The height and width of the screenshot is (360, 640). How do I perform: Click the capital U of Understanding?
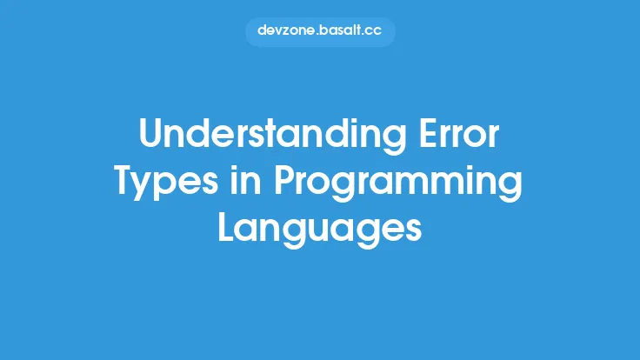(x=151, y=136)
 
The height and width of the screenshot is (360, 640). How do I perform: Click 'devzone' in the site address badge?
(x=287, y=31)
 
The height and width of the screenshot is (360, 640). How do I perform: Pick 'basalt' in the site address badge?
(x=341, y=31)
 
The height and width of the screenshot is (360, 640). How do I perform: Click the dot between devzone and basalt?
(x=317, y=36)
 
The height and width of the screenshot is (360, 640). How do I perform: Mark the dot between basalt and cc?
(x=365, y=36)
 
